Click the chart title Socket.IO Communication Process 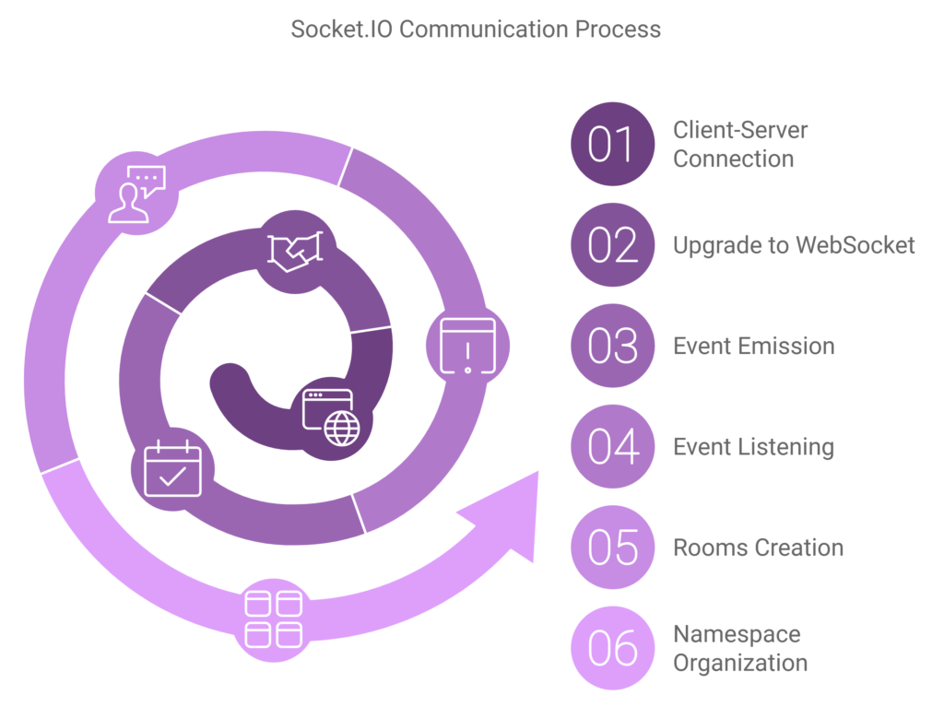click(476, 29)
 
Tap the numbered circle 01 click(612, 144)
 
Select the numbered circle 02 click(612, 245)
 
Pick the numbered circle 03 click(612, 346)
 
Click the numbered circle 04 click(612, 447)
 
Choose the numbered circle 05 click(612, 548)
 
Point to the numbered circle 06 click(612, 648)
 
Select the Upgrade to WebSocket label click(794, 245)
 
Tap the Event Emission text click(753, 346)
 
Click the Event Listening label click(753, 447)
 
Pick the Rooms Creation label click(758, 548)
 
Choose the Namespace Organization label click(739, 648)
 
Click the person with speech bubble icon click(136, 194)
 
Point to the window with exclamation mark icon click(467, 346)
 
